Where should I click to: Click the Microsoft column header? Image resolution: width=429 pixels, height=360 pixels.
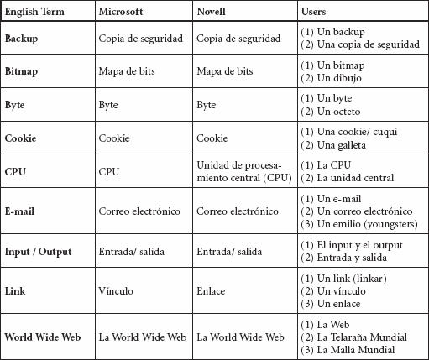pos(121,12)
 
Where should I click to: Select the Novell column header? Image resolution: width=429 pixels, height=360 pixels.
pos(211,12)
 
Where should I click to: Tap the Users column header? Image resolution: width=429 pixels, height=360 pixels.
pos(313,12)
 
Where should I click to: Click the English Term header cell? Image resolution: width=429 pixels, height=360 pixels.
pos(34,12)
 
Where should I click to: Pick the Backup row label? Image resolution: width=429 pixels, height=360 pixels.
pos(21,39)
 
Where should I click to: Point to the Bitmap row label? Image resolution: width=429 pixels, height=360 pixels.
pos(21,71)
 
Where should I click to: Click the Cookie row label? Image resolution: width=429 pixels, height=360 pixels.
pos(20,138)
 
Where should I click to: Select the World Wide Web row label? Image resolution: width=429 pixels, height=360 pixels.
pos(43,337)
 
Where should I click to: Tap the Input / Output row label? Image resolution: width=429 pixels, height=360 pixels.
pos(38,252)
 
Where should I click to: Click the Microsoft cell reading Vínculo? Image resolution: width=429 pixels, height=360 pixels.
pos(116,291)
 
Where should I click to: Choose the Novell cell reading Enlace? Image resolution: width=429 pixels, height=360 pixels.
pos(211,291)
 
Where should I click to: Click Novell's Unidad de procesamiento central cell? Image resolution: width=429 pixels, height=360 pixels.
pos(244,171)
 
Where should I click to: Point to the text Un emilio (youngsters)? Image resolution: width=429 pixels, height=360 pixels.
pos(359,224)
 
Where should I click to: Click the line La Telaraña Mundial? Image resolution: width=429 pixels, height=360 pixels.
pos(354,337)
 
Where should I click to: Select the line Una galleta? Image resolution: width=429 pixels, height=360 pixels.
pos(333,145)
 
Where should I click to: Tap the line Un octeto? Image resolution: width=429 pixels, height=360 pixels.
pos(331,112)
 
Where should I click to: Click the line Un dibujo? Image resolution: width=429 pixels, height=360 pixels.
pos(331,78)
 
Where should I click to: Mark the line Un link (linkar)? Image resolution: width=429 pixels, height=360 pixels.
pos(344,279)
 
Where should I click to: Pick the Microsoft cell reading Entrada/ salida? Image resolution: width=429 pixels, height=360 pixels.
pos(131,252)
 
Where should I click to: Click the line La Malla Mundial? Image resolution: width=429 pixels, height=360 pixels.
pos(348,350)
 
